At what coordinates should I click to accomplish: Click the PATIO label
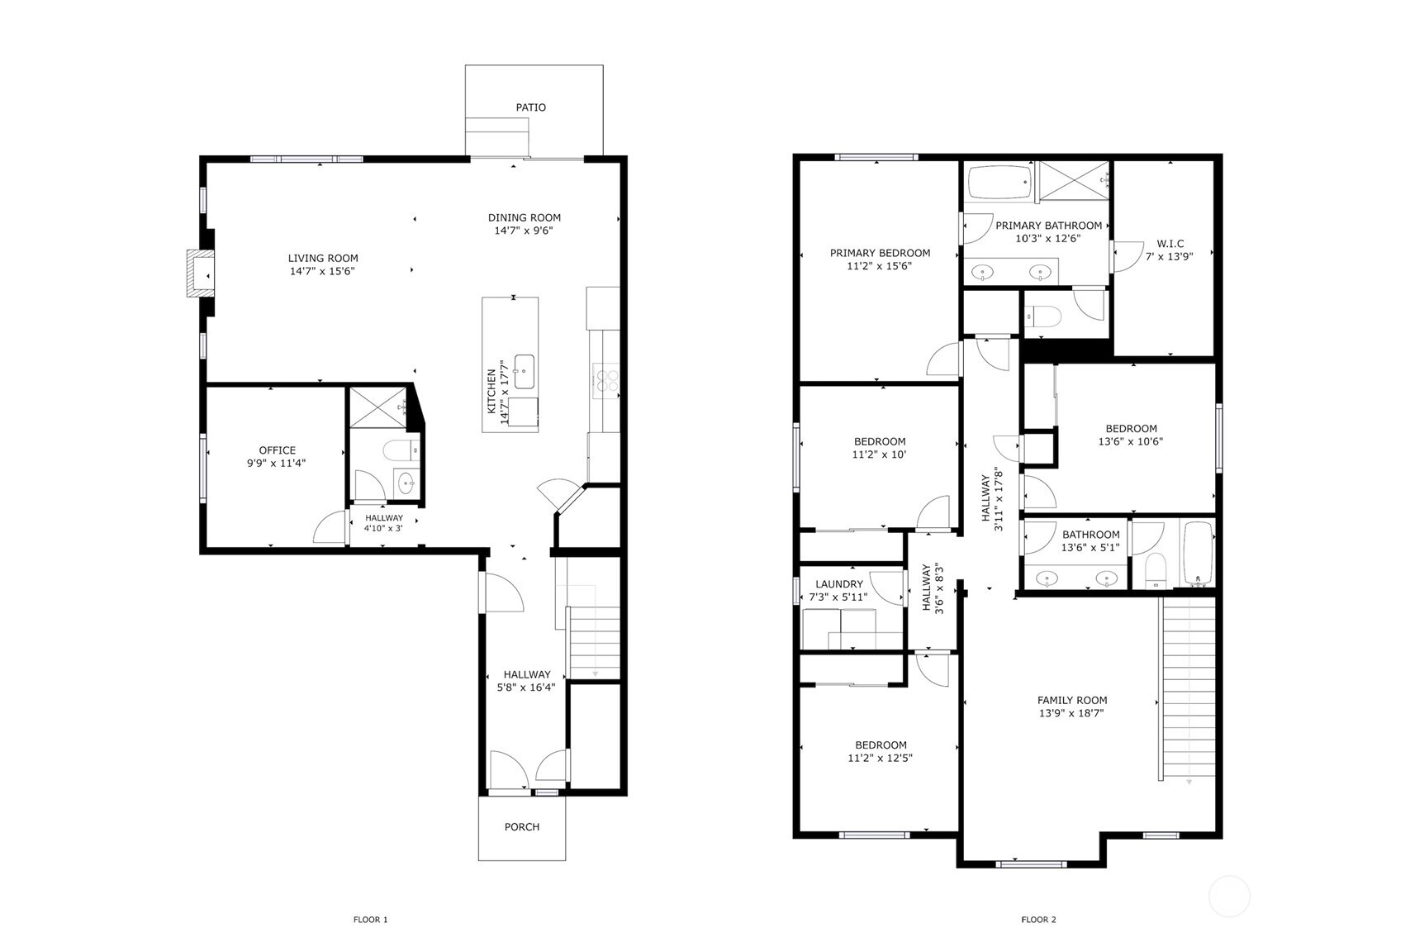[530, 107]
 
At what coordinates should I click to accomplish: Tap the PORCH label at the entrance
[521, 827]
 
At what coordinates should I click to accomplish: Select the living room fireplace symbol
[199, 274]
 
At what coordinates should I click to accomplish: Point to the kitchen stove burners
[607, 380]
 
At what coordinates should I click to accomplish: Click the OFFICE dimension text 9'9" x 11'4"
[277, 464]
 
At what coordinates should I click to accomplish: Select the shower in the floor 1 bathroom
[377, 407]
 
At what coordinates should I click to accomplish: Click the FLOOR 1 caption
[370, 920]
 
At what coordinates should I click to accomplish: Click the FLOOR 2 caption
[1038, 920]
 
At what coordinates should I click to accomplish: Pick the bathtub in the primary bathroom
[999, 183]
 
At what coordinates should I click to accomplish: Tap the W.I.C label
[1170, 244]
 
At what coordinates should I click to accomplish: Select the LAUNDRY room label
[838, 584]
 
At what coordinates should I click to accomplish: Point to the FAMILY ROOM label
[1072, 700]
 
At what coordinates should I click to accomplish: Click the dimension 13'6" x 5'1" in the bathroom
[1090, 547]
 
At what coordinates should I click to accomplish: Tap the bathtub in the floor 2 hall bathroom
[1197, 554]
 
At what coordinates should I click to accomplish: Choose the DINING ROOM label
[524, 218]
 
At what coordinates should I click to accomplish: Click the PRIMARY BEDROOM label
[880, 254]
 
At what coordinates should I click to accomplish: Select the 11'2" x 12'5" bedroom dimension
[880, 758]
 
